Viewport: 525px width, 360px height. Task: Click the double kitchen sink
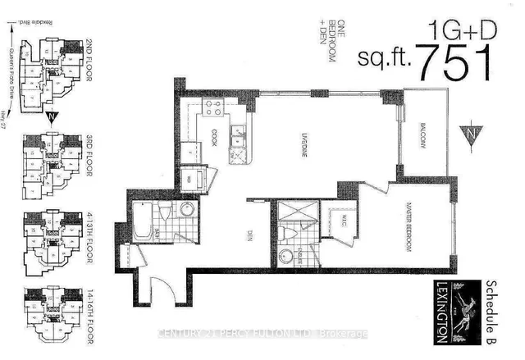click(240, 133)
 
